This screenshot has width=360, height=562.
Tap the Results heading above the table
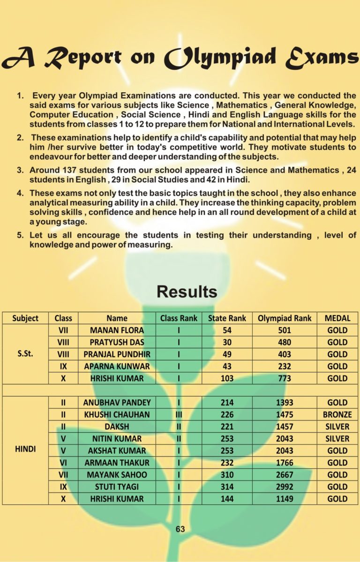click(187, 291)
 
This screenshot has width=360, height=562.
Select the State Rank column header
click(227, 318)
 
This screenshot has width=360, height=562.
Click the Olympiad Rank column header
click(285, 318)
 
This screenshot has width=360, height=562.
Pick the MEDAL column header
click(337, 318)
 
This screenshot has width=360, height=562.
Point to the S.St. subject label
click(25, 354)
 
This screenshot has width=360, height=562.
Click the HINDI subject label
click(25, 450)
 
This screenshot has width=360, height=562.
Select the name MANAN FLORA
click(117, 330)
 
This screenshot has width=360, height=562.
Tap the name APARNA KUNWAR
click(117, 366)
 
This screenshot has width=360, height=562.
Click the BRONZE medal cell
click(337, 414)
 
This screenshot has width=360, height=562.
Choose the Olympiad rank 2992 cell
click(285, 487)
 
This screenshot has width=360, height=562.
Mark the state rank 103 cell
click(227, 378)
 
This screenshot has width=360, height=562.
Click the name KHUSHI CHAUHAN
click(117, 414)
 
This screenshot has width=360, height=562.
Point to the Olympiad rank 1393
click(285, 402)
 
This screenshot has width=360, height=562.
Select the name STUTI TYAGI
click(117, 487)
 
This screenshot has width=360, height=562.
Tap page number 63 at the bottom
click(180, 529)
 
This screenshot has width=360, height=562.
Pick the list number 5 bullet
click(20, 235)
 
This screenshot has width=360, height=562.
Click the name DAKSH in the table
click(117, 427)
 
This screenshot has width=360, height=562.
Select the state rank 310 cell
click(227, 474)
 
